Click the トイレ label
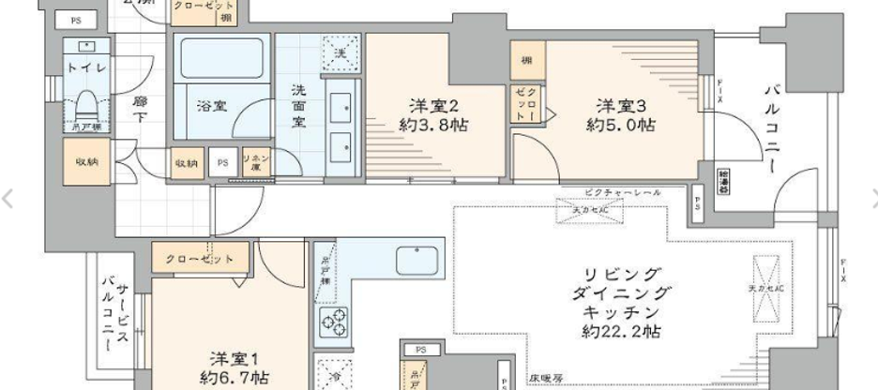(85, 67)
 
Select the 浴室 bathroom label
(211, 105)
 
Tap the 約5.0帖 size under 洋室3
(620, 125)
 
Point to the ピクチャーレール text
(619, 192)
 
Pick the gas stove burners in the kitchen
(335, 322)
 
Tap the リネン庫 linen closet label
(256, 161)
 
